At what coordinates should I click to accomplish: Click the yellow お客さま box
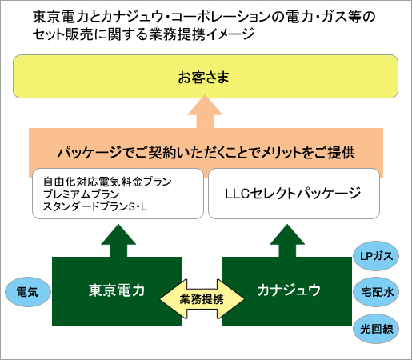click(206, 77)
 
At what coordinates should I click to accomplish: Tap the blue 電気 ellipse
click(28, 292)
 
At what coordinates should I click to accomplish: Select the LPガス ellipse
click(376, 256)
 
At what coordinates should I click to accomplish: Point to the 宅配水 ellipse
click(376, 292)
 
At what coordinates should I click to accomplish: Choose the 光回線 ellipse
click(376, 329)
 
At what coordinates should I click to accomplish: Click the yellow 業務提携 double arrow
click(202, 299)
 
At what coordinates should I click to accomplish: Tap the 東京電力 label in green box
click(117, 290)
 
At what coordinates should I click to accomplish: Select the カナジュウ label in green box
click(289, 290)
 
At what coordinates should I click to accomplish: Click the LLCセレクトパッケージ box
click(294, 194)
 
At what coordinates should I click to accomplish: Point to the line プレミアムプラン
click(81, 194)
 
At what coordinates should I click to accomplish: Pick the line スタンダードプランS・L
click(95, 206)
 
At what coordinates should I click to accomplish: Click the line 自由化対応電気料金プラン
click(107, 182)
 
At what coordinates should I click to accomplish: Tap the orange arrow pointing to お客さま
click(205, 111)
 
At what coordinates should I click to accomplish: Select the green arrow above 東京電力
click(118, 241)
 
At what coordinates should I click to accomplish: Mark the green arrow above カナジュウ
click(287, 241)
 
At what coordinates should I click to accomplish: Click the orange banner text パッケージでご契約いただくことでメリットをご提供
click(206, 153)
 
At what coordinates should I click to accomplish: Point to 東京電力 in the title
click(60, 17)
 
